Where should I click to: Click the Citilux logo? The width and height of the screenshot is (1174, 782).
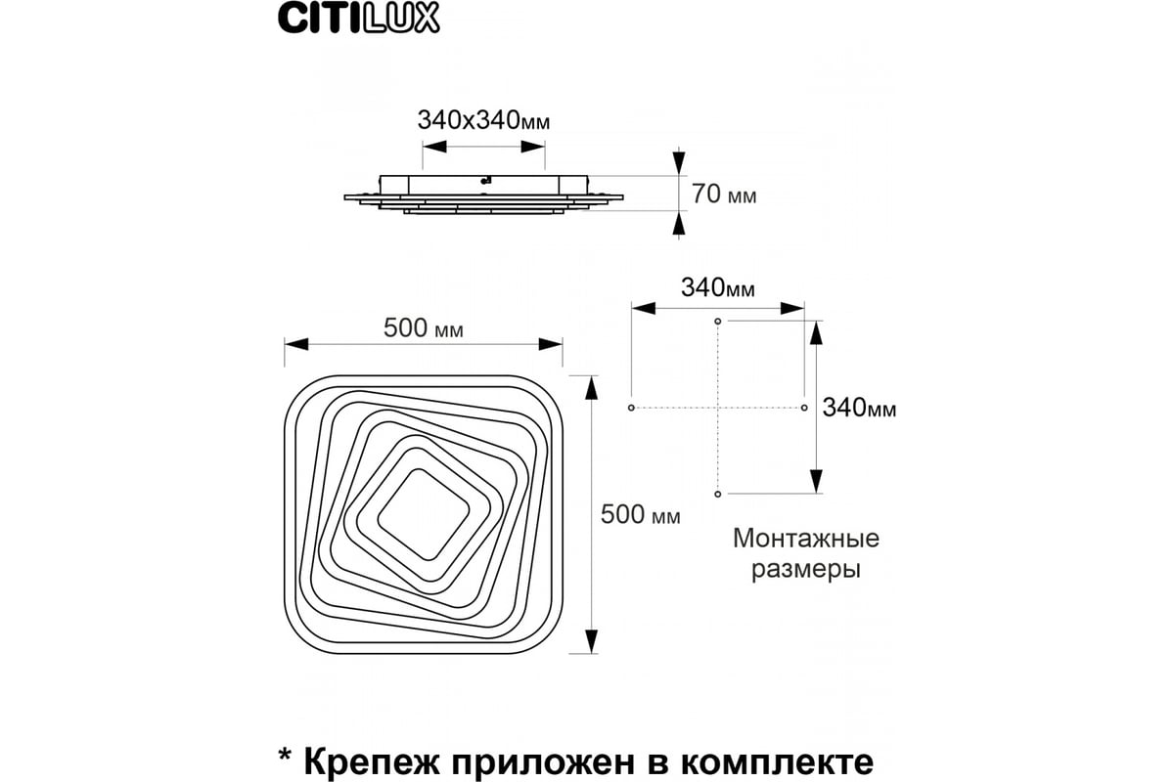[359, 20]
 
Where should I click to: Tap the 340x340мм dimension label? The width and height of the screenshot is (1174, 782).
[483, 121]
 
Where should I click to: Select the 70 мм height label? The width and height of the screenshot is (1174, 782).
[724, 195]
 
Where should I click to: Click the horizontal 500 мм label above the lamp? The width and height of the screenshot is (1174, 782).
[424, 329]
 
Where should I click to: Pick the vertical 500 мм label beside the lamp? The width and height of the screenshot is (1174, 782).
[641, 515]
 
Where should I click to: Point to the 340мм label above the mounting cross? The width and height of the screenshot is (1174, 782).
[718, 288]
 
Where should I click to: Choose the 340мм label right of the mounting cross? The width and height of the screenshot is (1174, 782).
[858, 408]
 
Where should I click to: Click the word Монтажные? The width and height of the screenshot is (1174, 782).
[806, 539]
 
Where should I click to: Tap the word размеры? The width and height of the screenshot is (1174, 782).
[806, 569]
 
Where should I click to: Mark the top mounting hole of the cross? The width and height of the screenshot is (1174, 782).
[718, 321]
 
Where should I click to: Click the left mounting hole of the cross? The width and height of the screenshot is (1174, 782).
[632, 407]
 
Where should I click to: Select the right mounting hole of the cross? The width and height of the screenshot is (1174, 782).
[804, 407]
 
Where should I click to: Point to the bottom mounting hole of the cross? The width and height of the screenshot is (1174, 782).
[718, 494]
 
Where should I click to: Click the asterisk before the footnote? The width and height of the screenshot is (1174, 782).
[285, 756]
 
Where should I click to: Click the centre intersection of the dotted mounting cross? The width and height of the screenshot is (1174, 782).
[718, 407]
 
